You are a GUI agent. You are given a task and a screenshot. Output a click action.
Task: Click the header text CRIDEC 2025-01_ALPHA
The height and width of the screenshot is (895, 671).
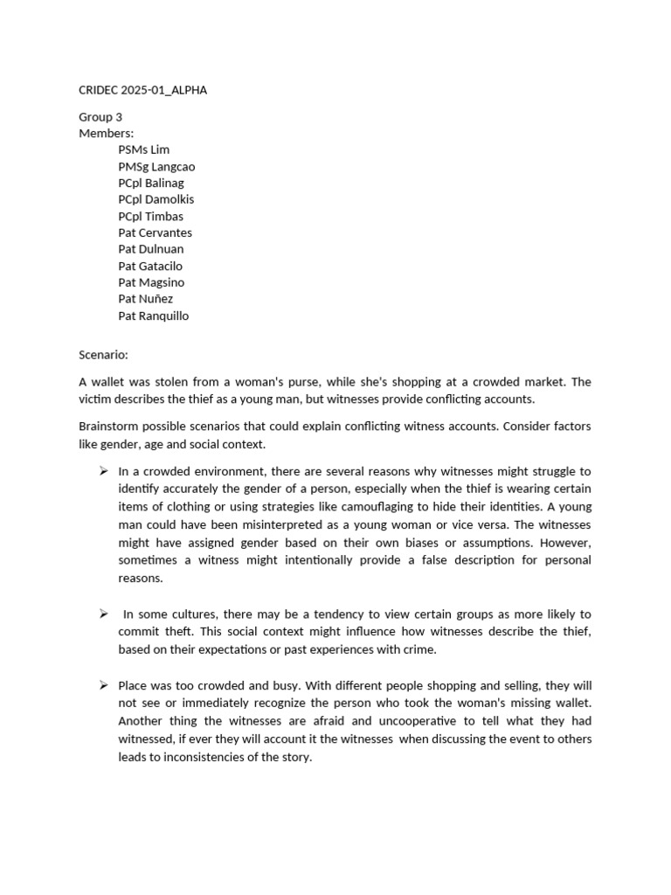pos(143,90)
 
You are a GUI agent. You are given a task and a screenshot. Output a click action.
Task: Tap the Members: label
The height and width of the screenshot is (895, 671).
pos(107,133)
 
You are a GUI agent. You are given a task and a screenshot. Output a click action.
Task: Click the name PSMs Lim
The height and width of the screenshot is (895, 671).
pos(144,149)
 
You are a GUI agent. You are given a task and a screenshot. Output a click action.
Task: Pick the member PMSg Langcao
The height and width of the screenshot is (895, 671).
pos(156,166)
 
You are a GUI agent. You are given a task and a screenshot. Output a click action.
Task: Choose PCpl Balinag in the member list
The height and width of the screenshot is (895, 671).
pos(151,183)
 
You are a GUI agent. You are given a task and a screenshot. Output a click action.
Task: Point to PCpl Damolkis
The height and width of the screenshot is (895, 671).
pos(156,199)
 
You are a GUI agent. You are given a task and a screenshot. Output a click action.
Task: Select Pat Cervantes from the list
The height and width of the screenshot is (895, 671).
pos(155,232)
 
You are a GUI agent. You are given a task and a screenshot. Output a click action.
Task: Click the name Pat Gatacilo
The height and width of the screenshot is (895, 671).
pos(150,266)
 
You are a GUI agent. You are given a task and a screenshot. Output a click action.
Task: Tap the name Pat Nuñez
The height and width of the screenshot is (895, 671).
pos(146,299)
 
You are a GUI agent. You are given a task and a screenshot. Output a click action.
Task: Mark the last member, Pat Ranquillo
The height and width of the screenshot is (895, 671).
pos(153,316)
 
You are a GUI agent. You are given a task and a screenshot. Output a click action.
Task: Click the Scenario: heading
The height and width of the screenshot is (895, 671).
pos(103,355)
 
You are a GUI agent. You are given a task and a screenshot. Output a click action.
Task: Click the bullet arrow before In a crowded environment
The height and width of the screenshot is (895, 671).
pos(103,471)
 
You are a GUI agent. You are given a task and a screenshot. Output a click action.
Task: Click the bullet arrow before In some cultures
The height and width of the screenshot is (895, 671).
pos(103,614)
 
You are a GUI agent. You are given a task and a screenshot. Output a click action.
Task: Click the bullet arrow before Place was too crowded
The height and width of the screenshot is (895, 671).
pos(103,685)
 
